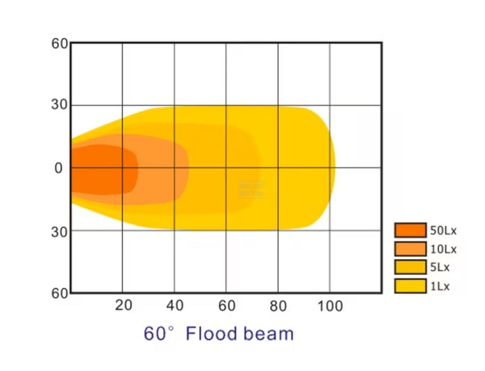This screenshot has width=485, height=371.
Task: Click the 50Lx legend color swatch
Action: pos(410,230)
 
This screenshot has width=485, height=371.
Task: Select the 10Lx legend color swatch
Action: pos(410,249)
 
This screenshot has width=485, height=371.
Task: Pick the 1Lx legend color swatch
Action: pos(410,286)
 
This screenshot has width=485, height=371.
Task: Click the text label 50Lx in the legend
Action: pos(443,230)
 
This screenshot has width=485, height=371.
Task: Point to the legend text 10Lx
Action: pos(443,249)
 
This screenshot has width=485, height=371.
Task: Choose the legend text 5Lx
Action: pos(440,268)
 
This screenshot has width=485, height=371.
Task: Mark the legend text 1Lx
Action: pos(440,286)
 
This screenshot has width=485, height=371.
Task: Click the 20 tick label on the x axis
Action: pos(124,305)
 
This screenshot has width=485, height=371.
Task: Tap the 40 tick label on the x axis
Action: pos(175,305)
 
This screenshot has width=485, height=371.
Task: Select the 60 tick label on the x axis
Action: pos(226,305)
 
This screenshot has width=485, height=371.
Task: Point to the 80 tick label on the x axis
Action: pos(278,305)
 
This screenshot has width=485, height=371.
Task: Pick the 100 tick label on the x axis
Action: pos(329,305)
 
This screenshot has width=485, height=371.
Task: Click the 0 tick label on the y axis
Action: pos(59,168)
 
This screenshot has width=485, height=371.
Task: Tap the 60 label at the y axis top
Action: pos(60,44)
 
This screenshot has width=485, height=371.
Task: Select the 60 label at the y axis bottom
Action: pos(60,293)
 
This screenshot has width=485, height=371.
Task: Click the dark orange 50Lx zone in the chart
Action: pos(100,169)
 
